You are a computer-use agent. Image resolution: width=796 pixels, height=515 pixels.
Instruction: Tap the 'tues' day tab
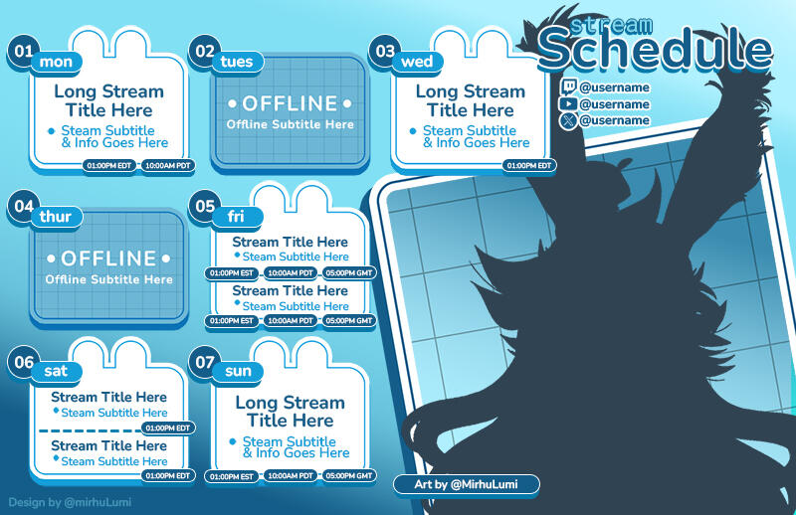point(237,62)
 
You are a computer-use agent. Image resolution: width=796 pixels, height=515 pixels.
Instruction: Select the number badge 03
point(385,51)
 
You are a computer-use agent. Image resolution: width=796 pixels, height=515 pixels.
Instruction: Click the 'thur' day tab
point(55,217)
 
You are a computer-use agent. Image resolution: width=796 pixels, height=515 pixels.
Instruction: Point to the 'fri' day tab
point(236,217)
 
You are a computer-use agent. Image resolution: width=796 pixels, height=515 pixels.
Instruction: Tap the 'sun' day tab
point(239,372)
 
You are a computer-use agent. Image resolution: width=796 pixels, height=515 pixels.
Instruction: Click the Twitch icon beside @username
point(568,87)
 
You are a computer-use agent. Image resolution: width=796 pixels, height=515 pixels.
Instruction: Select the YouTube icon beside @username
point(568,103)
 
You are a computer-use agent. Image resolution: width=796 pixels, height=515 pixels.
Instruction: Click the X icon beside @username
point(568,120)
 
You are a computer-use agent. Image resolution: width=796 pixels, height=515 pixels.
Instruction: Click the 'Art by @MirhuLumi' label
point(467,484)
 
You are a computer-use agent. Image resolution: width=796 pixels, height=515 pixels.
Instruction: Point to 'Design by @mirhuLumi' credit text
point(69,503)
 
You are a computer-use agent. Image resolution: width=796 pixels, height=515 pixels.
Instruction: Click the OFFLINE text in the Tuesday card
point(290,103)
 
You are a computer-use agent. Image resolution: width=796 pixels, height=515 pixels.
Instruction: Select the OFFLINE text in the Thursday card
point(108,258)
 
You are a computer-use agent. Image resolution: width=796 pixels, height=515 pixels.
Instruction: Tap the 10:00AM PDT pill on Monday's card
point(167,165)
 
